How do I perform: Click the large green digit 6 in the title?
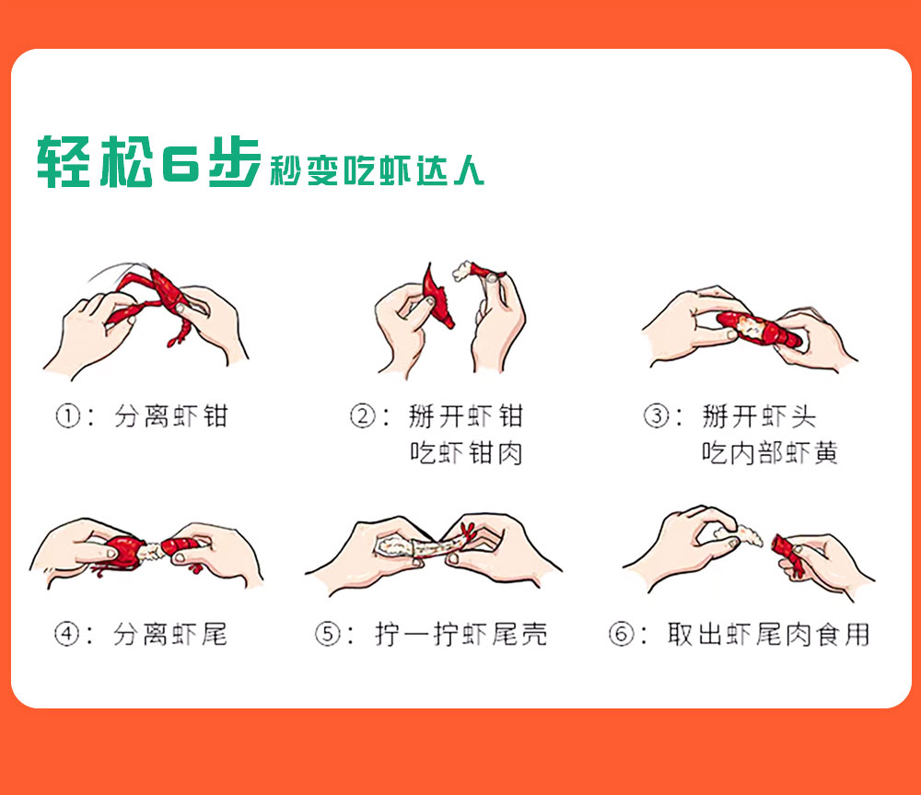click(x=181, y=161)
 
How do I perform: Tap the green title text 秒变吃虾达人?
click(x=377, y=170)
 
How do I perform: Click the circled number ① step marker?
click(x=67, y=416)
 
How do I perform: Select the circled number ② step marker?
click(x=362, y=416)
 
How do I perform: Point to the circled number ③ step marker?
click(x=656, y=416)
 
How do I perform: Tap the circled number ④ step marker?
click(x=66, y=635)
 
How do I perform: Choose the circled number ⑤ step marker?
click(x=327, y=635)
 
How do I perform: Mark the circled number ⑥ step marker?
click(x=621, y=635)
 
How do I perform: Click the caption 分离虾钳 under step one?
click(x=171, y=416)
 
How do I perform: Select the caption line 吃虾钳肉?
click(x=466, y=453)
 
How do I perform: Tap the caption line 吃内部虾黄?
click(x=769, y=453)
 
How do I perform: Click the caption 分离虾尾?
click(x=170, y=635)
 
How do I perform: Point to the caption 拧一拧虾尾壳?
click(x=461, y=635)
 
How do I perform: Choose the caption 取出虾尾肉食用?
click(x=768, y=635)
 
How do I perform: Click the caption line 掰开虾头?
click(x=759, y=416)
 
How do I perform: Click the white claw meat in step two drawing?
click(x=464, y=270)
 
